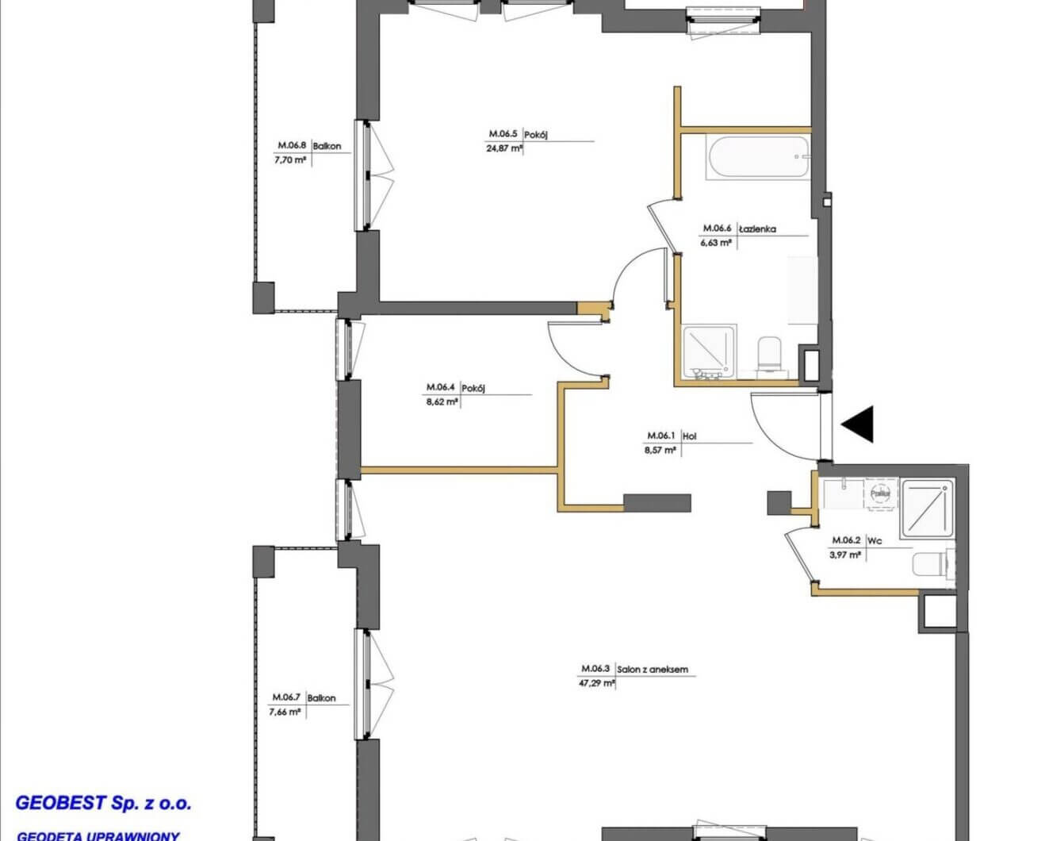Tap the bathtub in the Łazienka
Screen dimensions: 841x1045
pos(757,157)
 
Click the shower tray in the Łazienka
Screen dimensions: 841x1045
pos(709,350)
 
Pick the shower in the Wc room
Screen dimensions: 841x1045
pos(926,506)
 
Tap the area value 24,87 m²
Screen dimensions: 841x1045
pos(504,148)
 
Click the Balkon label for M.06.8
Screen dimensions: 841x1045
pos(327,146)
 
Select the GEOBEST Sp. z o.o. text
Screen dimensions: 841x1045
pos(104,803)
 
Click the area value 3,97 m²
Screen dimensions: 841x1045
pos(844,555)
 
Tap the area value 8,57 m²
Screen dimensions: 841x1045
pos(660,450)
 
